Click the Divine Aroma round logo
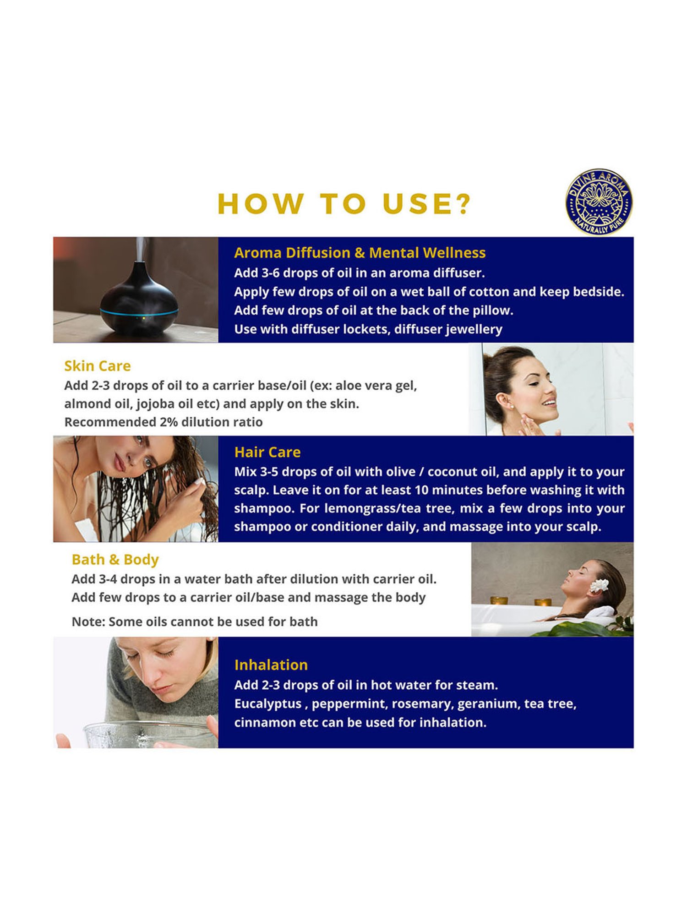click(x=599, y=202)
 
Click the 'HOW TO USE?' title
click(x=344, y=204)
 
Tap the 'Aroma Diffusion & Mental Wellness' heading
click(x=360, y=253)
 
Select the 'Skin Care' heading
click(x=98, y=366)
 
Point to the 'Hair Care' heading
click(x=267, y=452)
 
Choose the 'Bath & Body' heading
click(x=115, y=560)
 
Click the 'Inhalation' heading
click(x=271, y=665)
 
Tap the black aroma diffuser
click(x=139, y=298)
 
